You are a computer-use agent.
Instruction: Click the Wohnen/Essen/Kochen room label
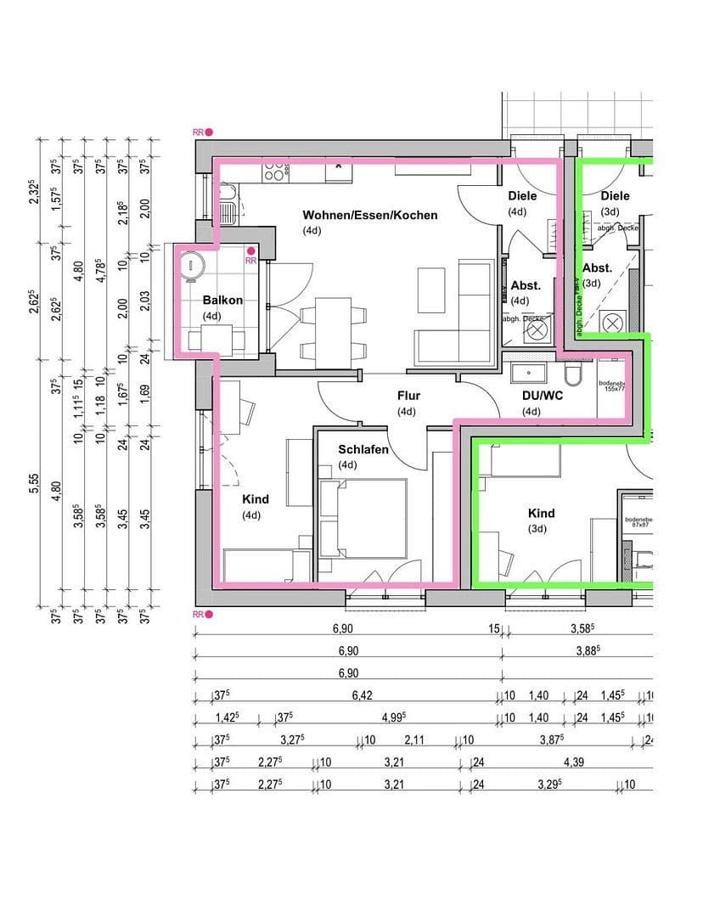369,215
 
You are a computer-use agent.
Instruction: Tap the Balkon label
222,300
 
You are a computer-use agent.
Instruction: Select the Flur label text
408,396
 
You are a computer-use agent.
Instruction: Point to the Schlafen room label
363,449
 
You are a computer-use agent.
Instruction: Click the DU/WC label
531,397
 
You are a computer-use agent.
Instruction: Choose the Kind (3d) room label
541,513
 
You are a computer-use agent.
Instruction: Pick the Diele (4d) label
522,196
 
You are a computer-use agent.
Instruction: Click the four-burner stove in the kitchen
273,171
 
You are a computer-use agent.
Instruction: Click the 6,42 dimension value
363,695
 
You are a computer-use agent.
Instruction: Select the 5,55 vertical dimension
34,484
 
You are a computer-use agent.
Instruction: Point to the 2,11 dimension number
415,740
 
